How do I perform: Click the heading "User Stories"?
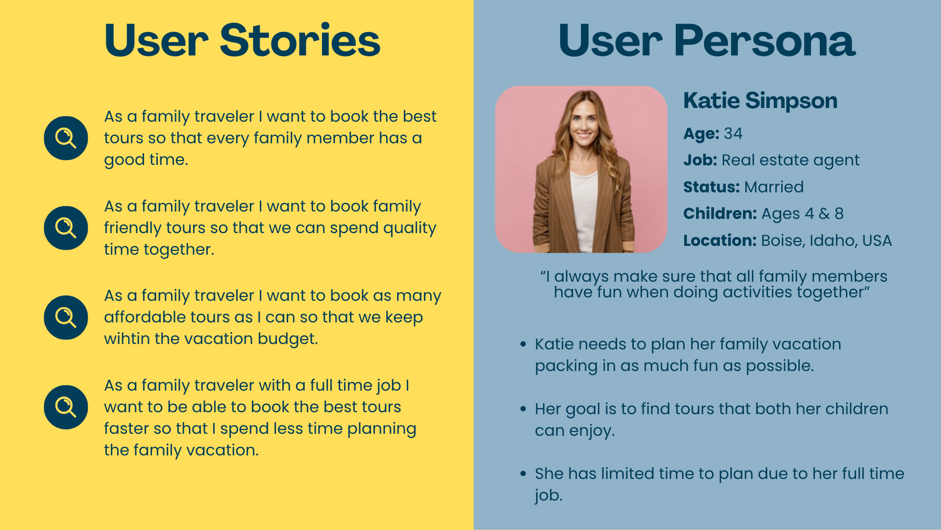242,40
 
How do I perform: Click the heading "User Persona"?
707,40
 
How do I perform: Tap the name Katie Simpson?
760,101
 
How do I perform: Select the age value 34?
733,133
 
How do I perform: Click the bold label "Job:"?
700,160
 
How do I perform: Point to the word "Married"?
773,187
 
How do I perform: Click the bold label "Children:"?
720,213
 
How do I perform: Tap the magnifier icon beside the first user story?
66,138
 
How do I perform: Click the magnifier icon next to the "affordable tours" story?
66,318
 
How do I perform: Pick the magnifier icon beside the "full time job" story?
66,407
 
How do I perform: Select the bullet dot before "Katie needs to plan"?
523,344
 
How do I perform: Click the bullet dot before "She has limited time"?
523,474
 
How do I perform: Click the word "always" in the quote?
582,277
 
